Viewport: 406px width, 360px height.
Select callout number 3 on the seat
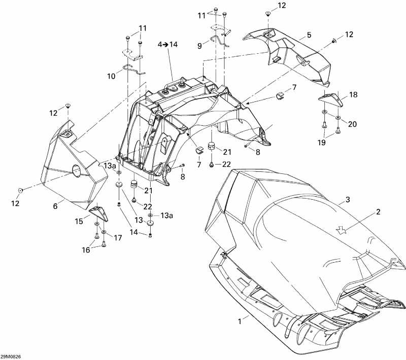pos(348,200)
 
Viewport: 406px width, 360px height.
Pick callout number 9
pos(199,45)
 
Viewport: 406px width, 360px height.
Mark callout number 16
pos(86,249)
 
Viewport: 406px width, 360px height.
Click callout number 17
pos(118,237)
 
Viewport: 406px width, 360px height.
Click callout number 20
pos(352,124)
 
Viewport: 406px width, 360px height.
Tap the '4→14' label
pos(168,45)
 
